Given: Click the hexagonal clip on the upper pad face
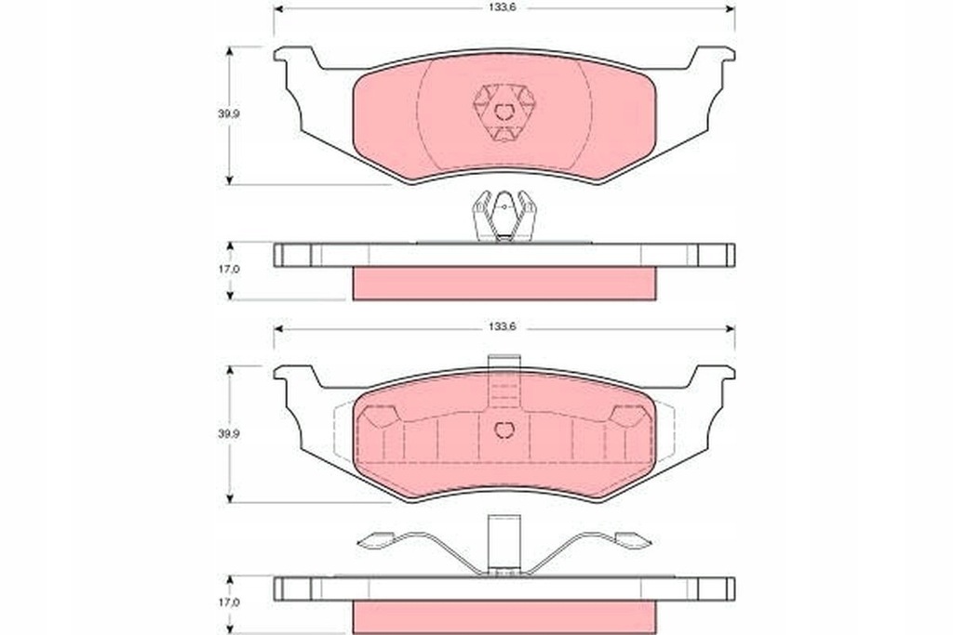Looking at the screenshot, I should pos(504,112).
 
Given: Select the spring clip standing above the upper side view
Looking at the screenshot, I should pos(504,216).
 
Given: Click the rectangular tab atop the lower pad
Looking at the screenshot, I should pos(503,365).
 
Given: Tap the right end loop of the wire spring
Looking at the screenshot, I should pos(632,539).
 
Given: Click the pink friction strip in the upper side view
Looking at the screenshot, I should pos(503,284).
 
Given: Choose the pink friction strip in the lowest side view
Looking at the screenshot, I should pos(503,616).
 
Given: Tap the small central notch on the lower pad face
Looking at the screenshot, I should pos(504,430).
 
